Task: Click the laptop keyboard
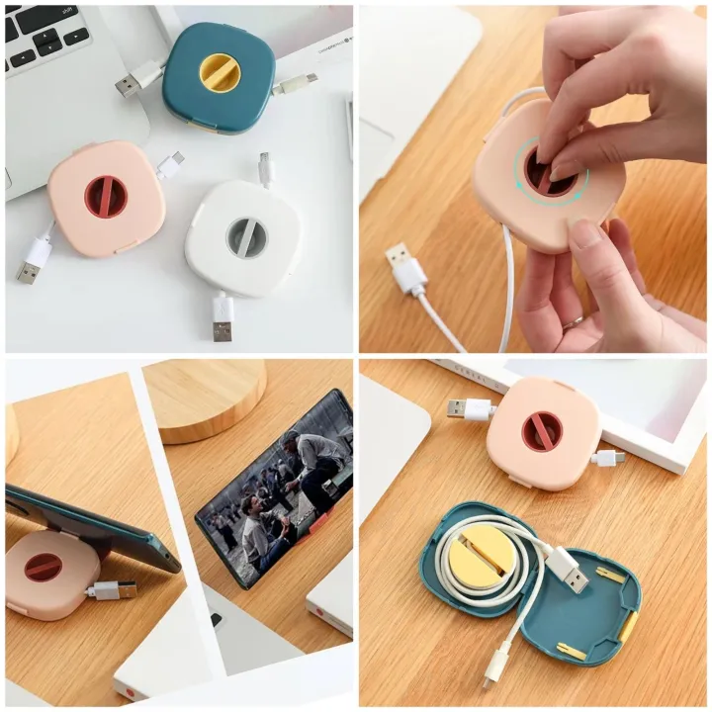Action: (44, 37)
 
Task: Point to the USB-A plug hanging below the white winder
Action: (223, 318)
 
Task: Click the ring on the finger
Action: (572, 321)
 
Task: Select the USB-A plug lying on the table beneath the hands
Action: (405, 269)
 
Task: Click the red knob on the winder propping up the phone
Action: (43, 567)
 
